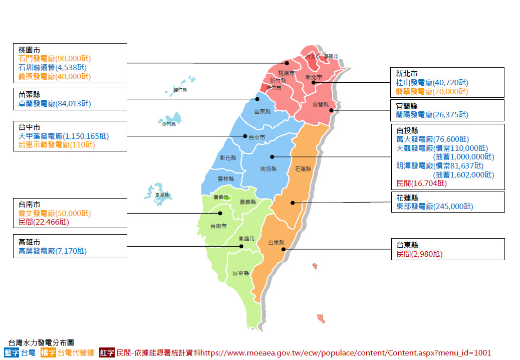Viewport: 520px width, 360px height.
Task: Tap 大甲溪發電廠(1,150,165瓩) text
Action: click(x=64, y=136)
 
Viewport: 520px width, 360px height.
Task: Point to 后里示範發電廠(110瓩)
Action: click(x=57, y=145)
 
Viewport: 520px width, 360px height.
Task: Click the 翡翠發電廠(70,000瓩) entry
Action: click(x=432, y=91)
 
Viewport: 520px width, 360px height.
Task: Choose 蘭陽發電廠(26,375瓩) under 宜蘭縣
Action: click(x=432, y=115)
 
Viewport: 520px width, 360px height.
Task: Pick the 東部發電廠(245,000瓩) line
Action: click(x=434, y=206)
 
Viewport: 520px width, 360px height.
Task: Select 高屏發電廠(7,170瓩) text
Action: click(x=53, y=251)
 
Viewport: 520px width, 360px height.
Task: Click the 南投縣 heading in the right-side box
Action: click(x=407, y=130)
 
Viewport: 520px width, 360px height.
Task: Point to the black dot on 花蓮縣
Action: click(x=293, y=203)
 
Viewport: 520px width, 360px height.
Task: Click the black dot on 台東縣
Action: click(x=283, y=249)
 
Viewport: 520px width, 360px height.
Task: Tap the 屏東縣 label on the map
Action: click(x=240, y=274)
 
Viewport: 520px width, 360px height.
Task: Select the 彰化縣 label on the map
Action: click(x=227, y=158)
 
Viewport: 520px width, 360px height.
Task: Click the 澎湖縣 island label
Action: click(x=162, y=195)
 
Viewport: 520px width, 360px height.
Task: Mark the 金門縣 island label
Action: click(x=169, y=123)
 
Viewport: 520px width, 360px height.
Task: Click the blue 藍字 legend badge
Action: click(x=12, y=353)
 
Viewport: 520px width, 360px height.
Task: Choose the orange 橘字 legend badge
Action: click(x=49, y=353)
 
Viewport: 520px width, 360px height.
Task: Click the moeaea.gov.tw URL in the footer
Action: click(x=345, y=353)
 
